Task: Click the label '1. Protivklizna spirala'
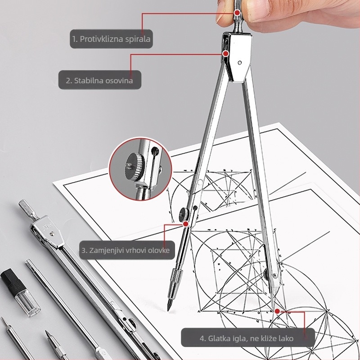(111, 39)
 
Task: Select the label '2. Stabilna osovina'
(99, 81)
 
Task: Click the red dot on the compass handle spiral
(237, 13)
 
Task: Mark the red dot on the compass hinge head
(226, 54)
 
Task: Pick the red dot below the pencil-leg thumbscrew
(186, 224)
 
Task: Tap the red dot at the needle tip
(277, 311)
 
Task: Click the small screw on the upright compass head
(240, 63)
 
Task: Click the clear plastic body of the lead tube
(27, 302)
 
